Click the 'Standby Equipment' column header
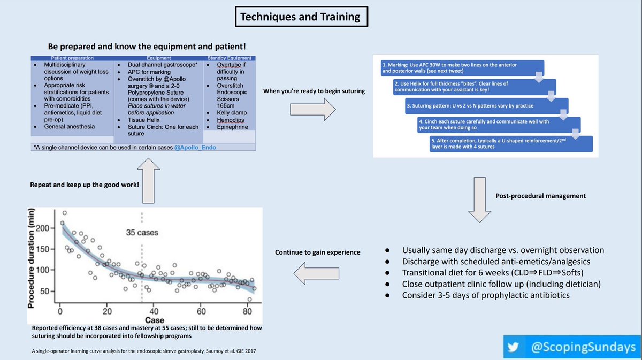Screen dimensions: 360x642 (228, 58)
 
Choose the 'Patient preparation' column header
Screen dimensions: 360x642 (72, 58)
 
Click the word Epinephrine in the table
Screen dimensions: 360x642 (232, 127)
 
